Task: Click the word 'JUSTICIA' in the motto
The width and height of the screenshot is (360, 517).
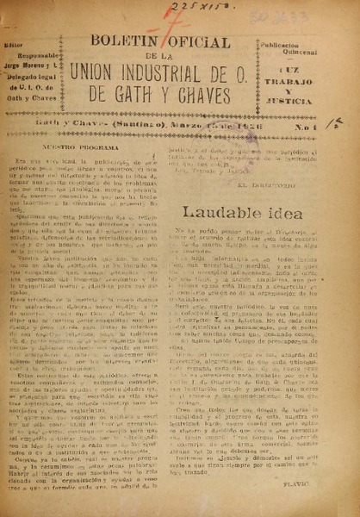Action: [325, 95]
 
